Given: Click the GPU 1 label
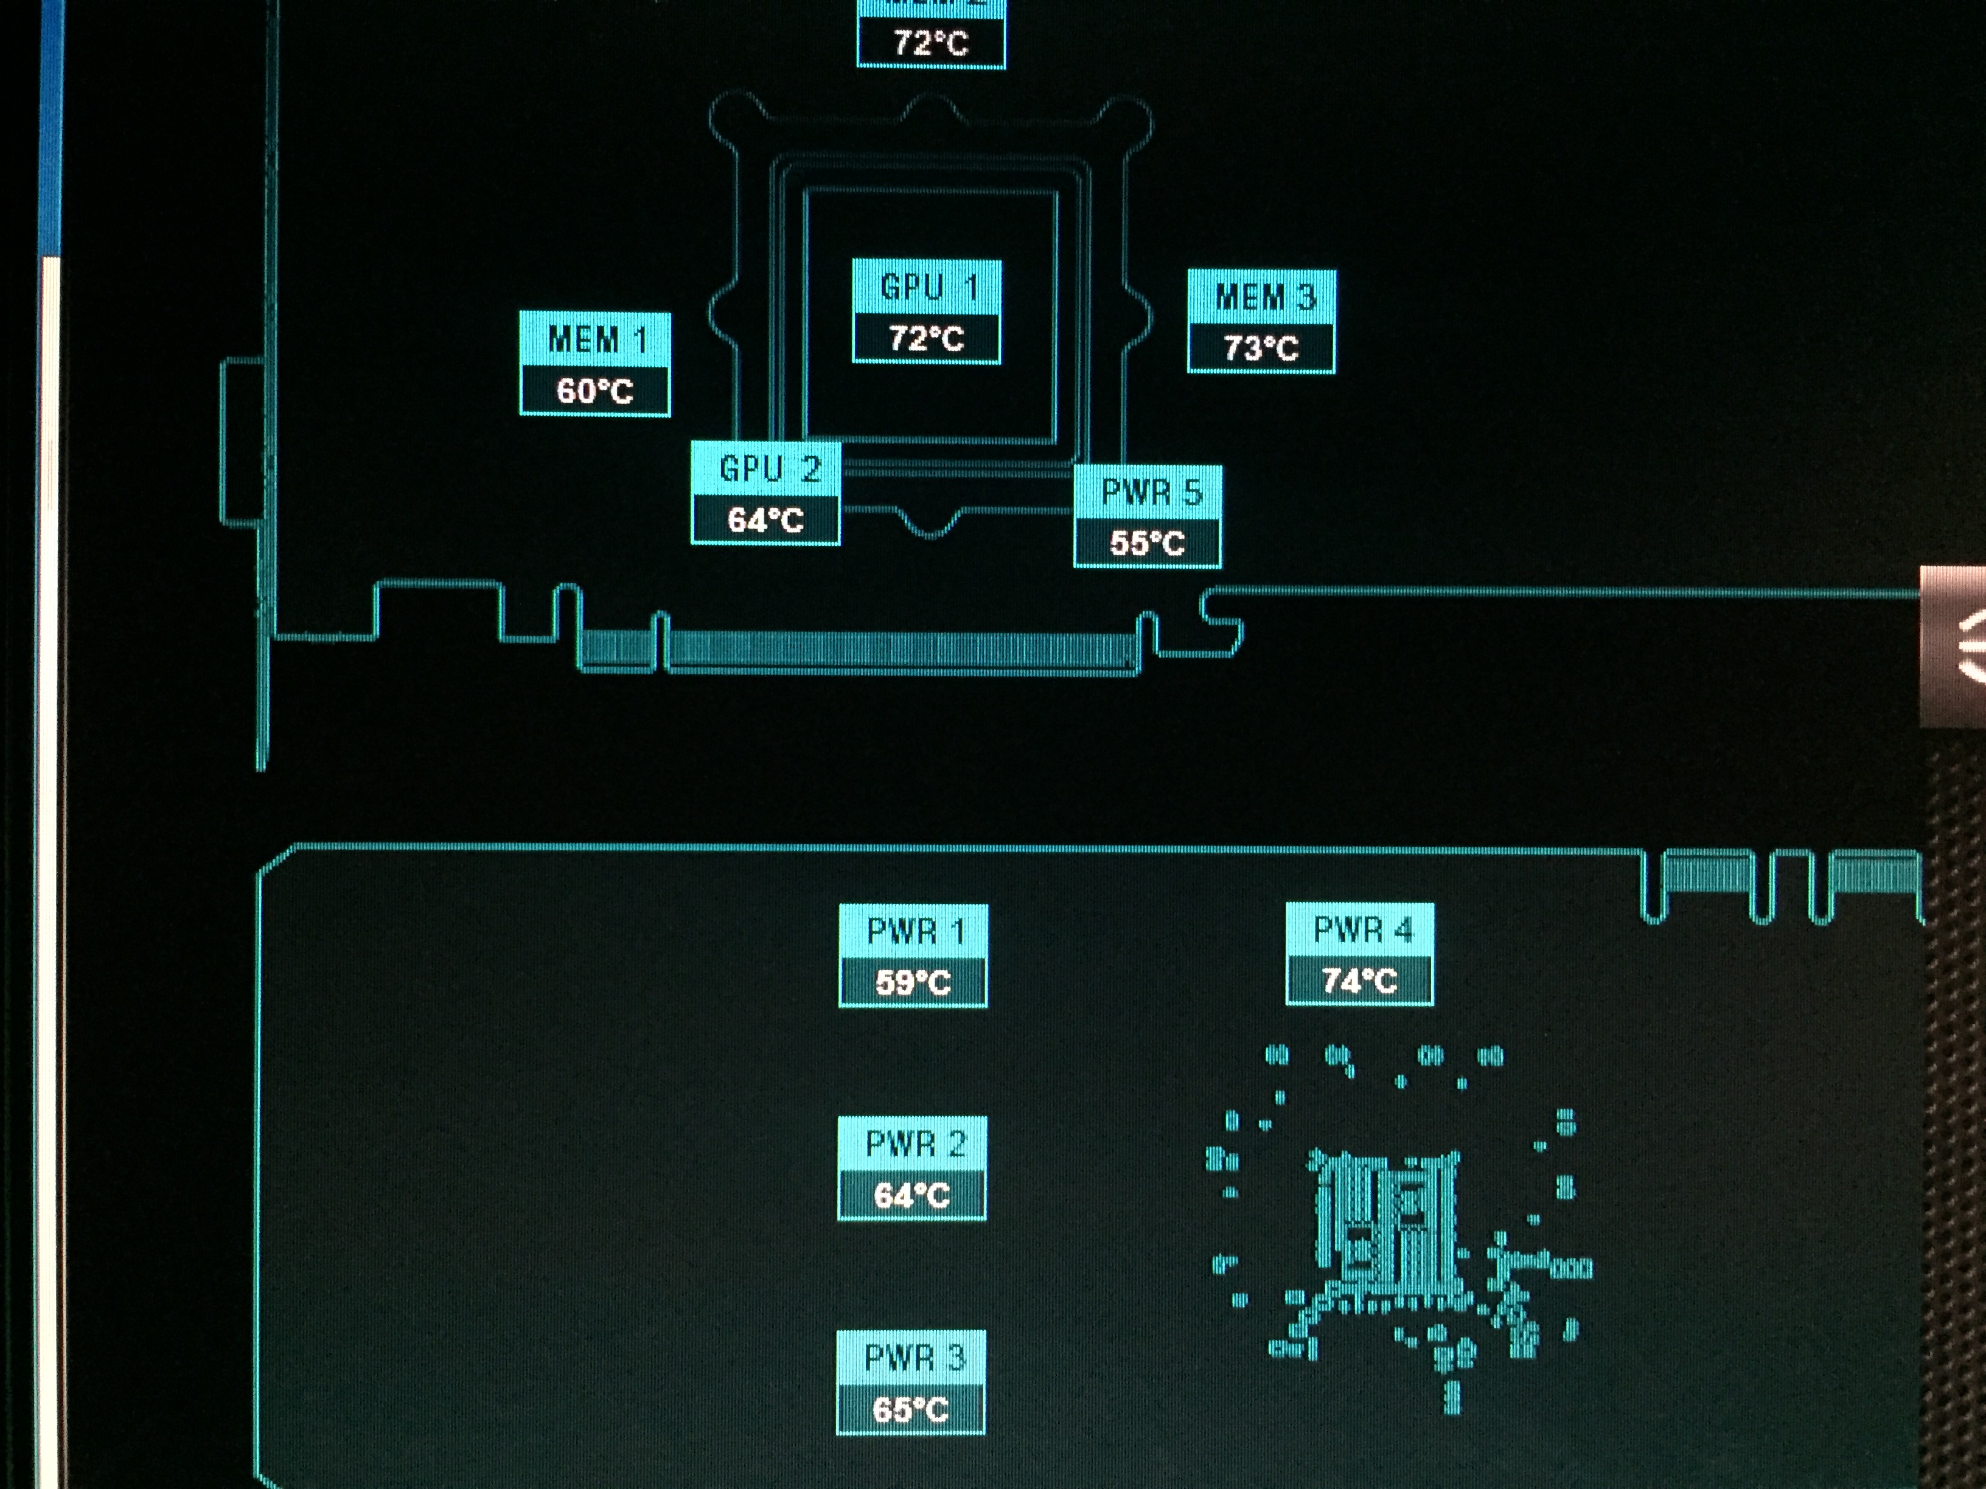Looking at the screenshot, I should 927,287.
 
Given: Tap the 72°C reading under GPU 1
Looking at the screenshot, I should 927,338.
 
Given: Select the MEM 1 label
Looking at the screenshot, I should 595,339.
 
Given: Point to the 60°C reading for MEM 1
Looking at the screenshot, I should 595,390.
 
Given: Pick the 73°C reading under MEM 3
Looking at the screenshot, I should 1261,347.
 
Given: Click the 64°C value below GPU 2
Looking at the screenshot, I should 766,519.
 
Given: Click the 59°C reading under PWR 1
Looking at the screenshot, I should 913,982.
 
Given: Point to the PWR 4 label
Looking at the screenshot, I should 1361,930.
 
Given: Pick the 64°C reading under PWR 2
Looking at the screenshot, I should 912,1195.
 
